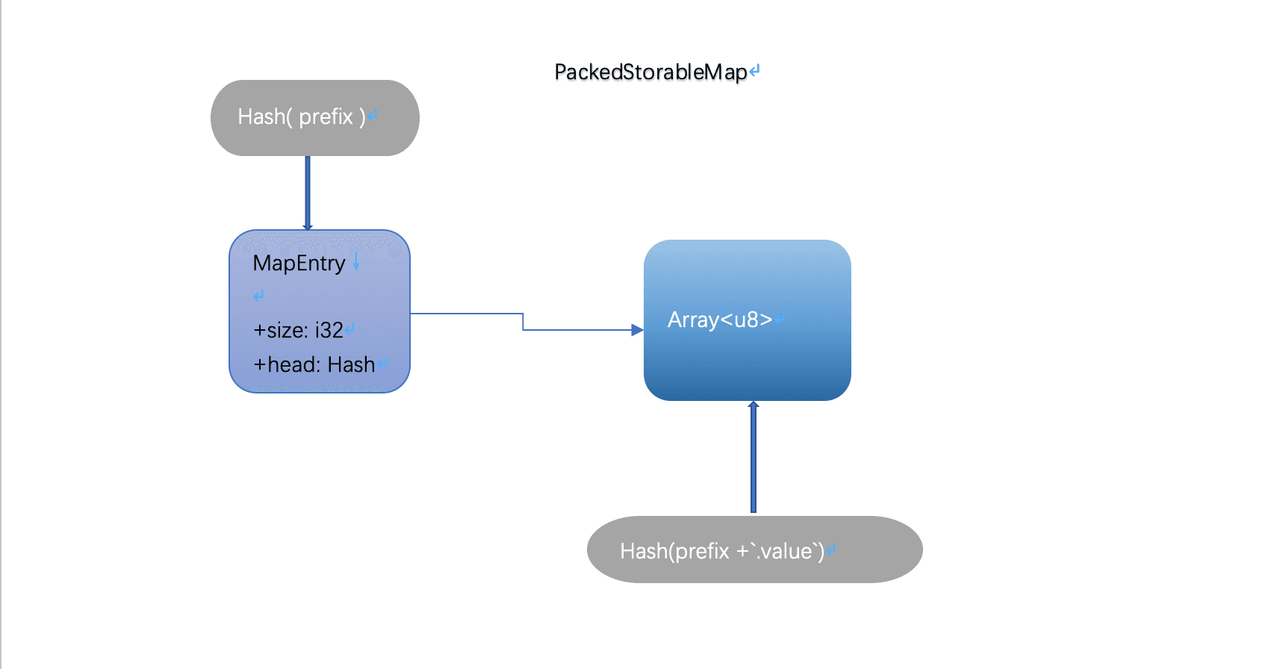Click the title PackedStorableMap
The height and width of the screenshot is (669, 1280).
tap(650, 72)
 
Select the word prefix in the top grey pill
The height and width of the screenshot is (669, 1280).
tap(326, 117)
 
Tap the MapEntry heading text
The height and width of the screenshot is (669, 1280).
tap(299, 264)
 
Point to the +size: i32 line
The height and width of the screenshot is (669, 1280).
tap(298, 330)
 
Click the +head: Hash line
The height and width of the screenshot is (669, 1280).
tap(314, 364)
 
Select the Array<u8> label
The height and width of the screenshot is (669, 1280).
tap(719, 320)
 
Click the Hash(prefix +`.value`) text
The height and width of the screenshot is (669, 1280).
tap(721, 551)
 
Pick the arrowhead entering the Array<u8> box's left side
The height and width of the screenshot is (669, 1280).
tap(637, 330)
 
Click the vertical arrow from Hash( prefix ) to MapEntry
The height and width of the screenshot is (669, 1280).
tap(307, 190)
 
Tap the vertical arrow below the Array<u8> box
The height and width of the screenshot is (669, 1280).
tap(753, 463)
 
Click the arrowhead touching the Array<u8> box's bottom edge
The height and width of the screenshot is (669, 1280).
tap(754, 405)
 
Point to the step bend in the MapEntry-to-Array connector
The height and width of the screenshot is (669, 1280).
tap(523, 322)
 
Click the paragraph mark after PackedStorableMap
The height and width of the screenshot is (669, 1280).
tap(754, 71)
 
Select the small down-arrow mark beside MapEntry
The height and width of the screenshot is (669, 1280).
tap(356, 261)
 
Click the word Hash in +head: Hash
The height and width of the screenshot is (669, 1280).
tap(351, 364)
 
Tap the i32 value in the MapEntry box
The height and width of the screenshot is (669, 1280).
tap(329, 330)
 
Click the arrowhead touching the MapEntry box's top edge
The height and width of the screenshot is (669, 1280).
tap(307, 226)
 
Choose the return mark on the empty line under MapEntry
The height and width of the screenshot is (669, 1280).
tap(258, 296)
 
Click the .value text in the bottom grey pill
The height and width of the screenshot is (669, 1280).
tap(785, 551)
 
